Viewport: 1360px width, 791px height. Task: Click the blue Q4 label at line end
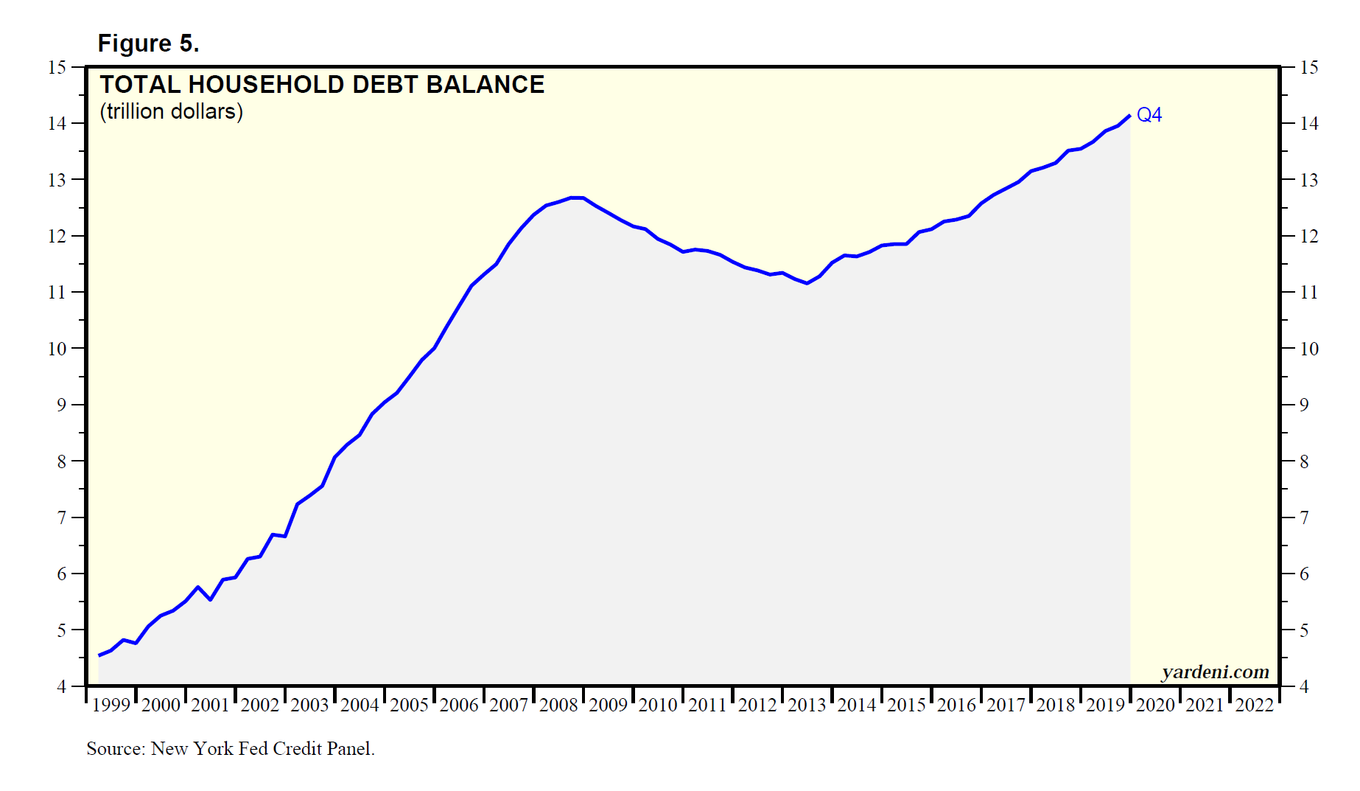click(1149, 115)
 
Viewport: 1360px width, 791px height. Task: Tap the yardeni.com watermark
click(1215, 672)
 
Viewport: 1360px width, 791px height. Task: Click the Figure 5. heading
click(148, 43)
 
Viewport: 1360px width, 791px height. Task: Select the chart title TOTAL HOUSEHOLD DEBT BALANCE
click(322, 85)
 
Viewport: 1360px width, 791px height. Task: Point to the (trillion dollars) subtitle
click(171, 111)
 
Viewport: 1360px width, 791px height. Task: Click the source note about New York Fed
click(230, 748)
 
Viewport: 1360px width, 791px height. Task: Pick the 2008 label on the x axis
click(558, 705)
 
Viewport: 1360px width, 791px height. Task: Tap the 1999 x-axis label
click(111, 705)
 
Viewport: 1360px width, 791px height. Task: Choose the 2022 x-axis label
click(1254, 705)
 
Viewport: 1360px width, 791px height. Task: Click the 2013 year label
click(807, 705)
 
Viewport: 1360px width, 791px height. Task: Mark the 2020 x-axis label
click(1155, 705)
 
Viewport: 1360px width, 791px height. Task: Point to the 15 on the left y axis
click(57, 68)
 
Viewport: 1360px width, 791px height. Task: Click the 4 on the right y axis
click(1303, 687)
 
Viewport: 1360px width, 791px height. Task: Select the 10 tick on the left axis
click(57, 349)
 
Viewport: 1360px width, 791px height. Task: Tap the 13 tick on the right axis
click(1308, 181)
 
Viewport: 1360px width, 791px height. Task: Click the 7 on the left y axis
click(61, 518)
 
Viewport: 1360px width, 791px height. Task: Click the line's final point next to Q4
click(1129, 116)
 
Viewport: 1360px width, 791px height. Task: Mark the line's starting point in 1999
click(99, 655)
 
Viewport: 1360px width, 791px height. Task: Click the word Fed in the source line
click(254, 748)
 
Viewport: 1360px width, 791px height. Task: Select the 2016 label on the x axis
click(956, 705)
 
